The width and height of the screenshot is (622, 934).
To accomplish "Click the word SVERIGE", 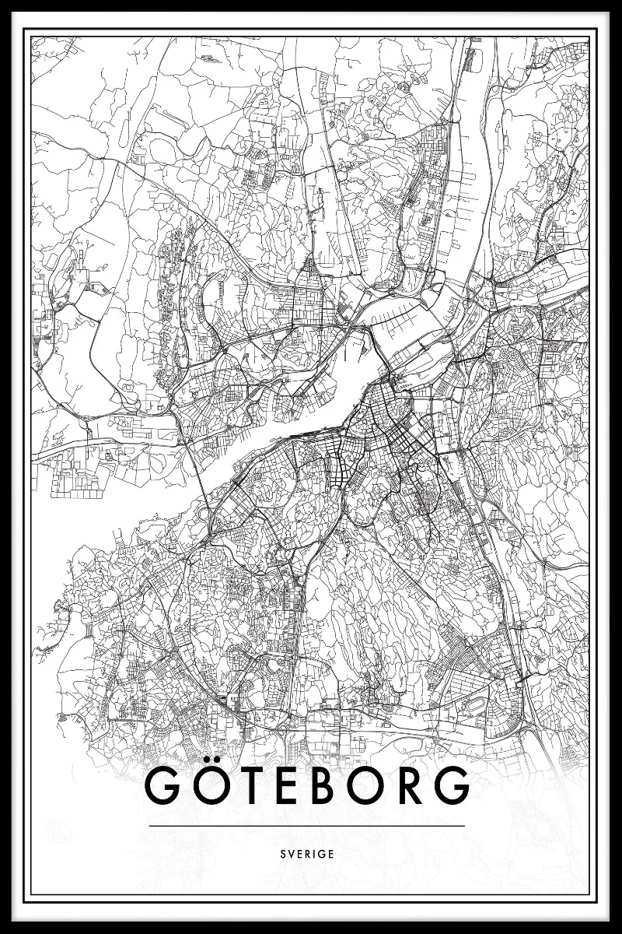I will pos(309,853).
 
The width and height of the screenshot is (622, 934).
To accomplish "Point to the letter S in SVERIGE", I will pos(285,853).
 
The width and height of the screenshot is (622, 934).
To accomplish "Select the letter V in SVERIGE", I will pos(292,853).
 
